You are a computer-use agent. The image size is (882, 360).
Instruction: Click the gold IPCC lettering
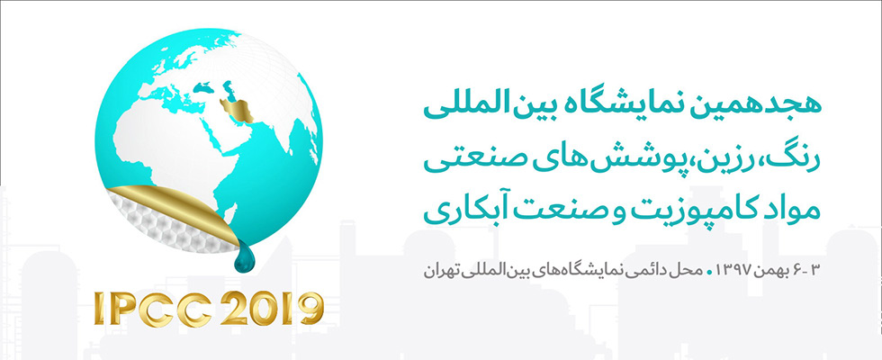pos(152,308)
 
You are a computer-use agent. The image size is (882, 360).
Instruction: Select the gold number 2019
pos(272,308)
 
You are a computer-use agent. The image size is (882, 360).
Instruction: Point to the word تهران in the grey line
pos(439,270)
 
